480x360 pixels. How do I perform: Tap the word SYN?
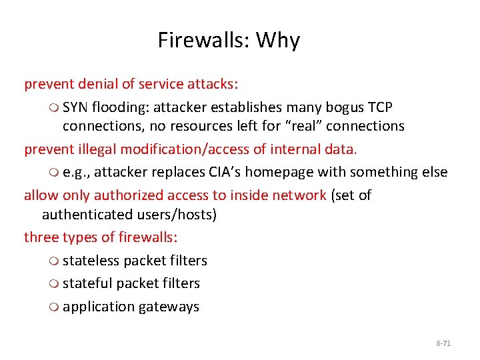point(76,107)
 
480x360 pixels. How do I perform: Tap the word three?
point(41,237)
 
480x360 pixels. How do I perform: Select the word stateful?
point(87,283)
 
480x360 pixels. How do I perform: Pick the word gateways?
point(169,307)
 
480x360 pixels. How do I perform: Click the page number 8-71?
point(443,343)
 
